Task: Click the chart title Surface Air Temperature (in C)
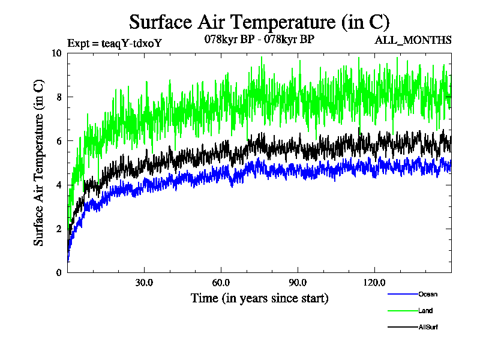click(259, 22)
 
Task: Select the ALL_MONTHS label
click(413, 40)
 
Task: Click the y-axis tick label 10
click(56, 53)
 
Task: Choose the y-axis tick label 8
click(58, 97)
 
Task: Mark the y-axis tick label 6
click(58, 140)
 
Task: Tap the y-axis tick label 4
click(58, 185)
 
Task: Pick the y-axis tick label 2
click(58, 229)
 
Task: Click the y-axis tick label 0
click(58, 272)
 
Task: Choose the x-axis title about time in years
click(259, 298)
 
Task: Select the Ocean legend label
click(428, 294)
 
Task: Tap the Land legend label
click(425, 311)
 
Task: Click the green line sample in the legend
click(403, 311)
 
